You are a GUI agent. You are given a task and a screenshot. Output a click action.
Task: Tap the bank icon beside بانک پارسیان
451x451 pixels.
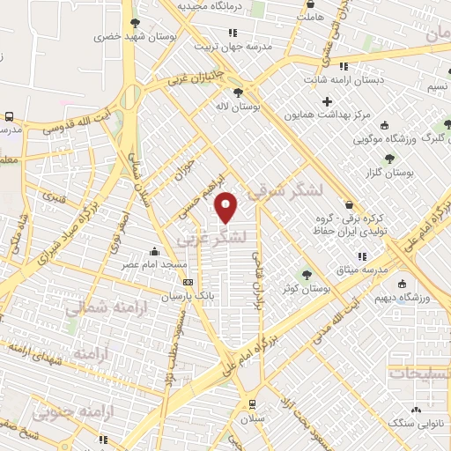[188, 283]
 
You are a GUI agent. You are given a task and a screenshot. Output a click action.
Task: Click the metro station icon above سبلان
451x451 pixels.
[254, 405]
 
